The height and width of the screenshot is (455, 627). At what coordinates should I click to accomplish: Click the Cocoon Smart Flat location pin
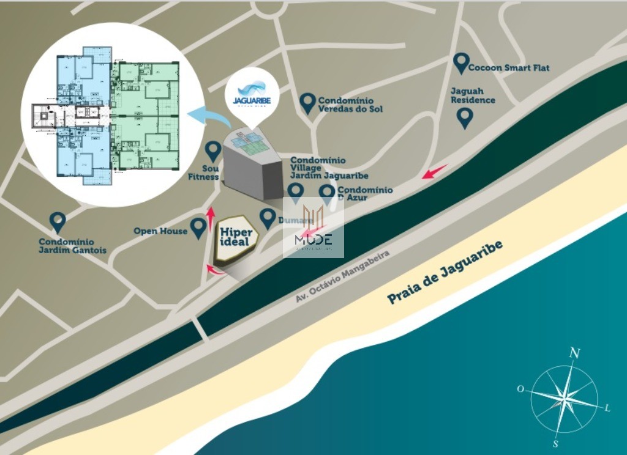(x=461, y=63)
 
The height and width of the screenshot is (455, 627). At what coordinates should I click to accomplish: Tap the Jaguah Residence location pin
(x=465, y=117)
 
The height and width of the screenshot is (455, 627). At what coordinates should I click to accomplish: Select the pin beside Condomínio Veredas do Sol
(x=308, y=103)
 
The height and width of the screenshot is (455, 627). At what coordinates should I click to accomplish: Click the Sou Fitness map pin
(x=213, y=150)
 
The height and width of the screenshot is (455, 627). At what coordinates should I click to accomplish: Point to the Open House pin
(x=198, y=228)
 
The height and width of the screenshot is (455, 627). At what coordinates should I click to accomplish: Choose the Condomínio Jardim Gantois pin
(x=58, y=223)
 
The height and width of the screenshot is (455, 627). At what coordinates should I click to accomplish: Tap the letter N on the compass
(x=574, y=352)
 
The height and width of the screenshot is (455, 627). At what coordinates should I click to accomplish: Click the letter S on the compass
(x=555, y=443)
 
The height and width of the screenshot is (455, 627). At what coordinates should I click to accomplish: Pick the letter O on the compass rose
(x=520, y=389)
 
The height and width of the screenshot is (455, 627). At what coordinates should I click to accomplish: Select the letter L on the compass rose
(x=607, y=408)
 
